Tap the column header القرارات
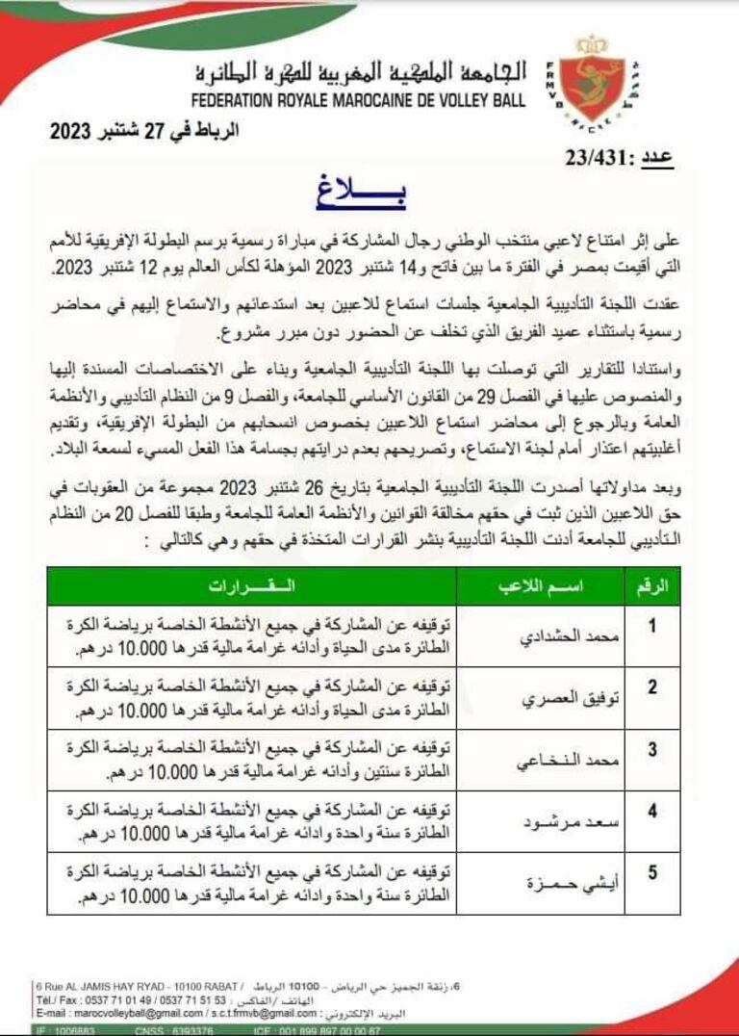tap(252, 586)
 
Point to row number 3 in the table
tap(652, 749)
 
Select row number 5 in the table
tap(652, 873)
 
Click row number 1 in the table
tap(652, 627)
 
